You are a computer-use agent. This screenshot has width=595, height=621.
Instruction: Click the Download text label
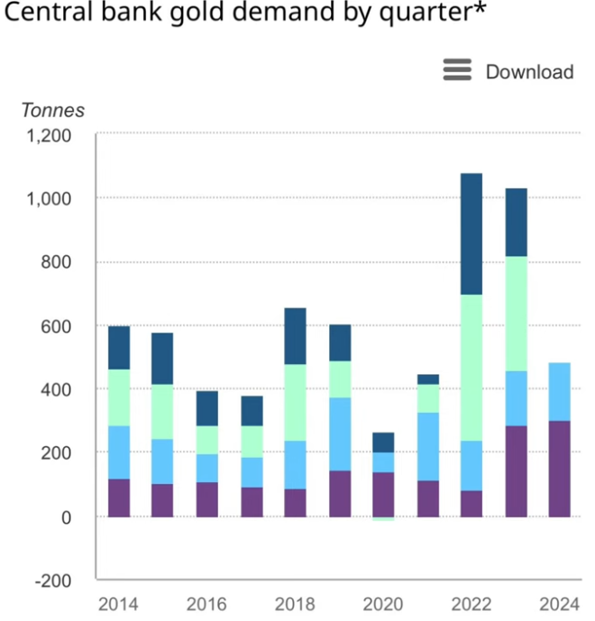(529, 72)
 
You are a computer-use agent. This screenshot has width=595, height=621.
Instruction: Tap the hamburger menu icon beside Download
(458, 70)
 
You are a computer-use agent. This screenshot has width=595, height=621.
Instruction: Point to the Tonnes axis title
(52, 111)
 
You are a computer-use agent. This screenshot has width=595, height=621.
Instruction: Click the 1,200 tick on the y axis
(50, 136)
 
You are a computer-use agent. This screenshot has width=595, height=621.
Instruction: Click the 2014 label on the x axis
(117, 603)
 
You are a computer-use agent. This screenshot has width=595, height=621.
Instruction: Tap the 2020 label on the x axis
(384, 603)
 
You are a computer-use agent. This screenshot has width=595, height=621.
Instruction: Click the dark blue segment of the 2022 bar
(471, 233)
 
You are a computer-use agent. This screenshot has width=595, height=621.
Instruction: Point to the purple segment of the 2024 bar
(560, 469)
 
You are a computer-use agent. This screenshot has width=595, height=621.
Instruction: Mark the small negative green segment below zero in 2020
(384, 519)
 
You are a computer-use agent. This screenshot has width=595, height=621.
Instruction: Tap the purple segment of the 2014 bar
(118, 498)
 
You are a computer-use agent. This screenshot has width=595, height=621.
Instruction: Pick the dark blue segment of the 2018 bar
(295, 335)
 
